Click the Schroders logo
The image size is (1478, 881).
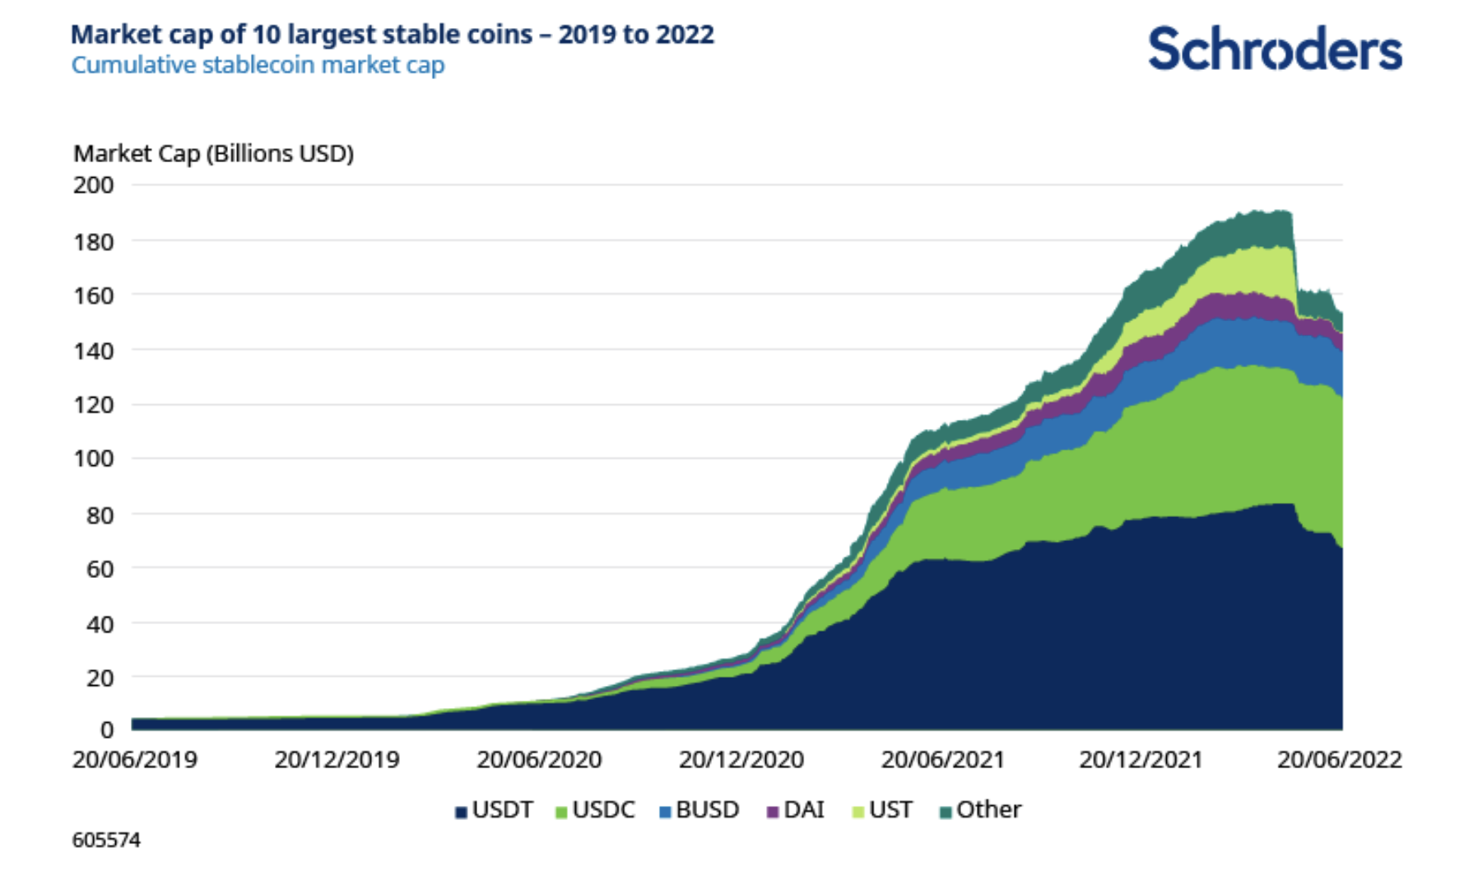[x=1274, y=49]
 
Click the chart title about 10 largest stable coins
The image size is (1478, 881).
[x=392, y=35]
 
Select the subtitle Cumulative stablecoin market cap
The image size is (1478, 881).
[x=258, y=65]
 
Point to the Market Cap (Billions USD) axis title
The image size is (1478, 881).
[x=213, y=154]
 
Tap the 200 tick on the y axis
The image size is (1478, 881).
[x=94, y=185]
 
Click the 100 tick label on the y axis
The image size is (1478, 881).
[x=94, y=459]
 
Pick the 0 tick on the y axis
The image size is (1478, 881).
[x=106, y=730]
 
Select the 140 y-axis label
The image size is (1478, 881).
[x=94, y=351]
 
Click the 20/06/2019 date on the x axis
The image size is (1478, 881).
[x=135, y=759]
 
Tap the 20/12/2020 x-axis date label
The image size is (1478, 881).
[x=741, y=759]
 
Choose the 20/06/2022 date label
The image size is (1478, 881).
[x=1339, y=759]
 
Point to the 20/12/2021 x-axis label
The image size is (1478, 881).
[x=1141, y=759]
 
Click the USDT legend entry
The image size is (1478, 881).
[x=495, y=810]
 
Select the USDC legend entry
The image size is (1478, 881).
[x=596, y=810]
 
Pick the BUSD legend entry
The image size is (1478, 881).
[x=699, y=810]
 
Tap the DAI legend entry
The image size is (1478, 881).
[x=796, y=810]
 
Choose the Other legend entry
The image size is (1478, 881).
[x=980, y=810]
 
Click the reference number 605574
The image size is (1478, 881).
[x=106, y=840]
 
